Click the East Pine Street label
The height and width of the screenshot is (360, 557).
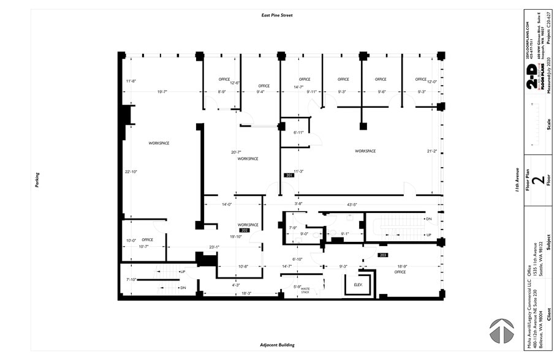coord(277,15)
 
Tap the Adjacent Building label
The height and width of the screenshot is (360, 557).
coord(277,345)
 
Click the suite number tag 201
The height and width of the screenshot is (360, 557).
coord(289,176)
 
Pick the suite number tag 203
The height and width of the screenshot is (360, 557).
coord(383,255)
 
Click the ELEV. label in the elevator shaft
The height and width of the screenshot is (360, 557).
coord(357,285)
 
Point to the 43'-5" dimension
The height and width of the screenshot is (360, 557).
coord(352,204)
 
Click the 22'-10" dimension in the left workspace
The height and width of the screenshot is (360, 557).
coord(131,172)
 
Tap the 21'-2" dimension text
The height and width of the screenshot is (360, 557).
coord(431,151)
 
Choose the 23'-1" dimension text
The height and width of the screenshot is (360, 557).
coord(214,247)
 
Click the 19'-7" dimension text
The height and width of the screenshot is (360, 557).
coord(162,92)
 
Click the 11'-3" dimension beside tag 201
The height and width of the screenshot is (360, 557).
coord(299,171)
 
